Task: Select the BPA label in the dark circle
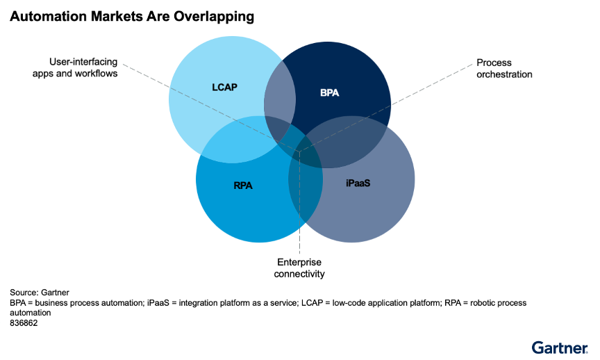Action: [329, 92]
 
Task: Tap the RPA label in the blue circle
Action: [244, 186]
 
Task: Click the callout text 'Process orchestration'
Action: [504, 68]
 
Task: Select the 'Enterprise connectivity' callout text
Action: [300, 268]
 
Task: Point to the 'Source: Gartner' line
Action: [40, 293]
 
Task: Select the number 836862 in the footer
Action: [24, 323]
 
